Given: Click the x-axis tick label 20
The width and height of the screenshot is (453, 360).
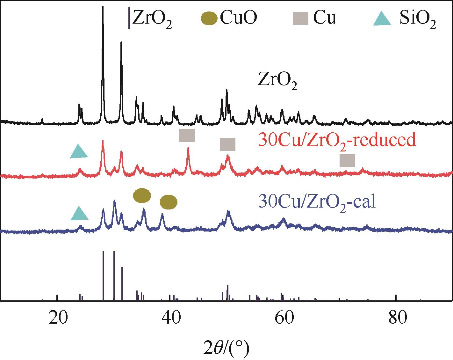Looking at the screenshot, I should [57, 319].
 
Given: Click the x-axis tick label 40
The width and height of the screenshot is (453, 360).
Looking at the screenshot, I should [170, 319].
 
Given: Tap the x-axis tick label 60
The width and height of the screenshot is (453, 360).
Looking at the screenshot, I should [283, 319].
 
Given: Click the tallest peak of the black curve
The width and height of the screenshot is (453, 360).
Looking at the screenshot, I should [103, 7].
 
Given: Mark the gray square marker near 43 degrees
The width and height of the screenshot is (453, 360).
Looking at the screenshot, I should [187, 135].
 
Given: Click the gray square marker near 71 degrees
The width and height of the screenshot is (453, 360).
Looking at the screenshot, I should [347, 160].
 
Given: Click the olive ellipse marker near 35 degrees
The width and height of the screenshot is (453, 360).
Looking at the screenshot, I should [142, 195].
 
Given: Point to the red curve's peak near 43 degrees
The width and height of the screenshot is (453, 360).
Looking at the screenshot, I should [188, 148].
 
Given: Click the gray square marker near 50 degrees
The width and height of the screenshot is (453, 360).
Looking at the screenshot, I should [228, 144].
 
